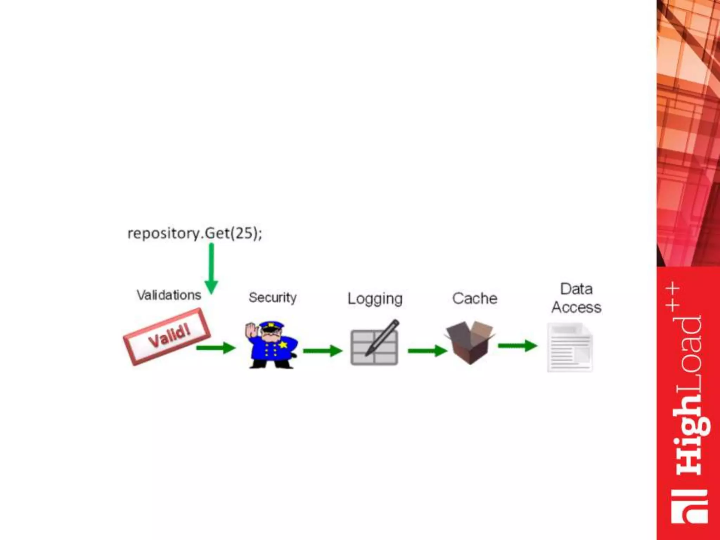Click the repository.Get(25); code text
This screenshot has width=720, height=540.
[x=194, y=233]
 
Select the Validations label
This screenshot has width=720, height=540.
[x=169, y=295]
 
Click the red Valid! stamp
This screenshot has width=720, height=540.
[x=167, y=337]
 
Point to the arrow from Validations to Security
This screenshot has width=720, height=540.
[x=216, y=348]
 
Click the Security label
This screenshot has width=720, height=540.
[x=272, y=298]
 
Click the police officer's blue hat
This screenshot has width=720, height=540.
[x=271, y=325]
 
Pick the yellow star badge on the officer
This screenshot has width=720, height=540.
[x=283, y=345]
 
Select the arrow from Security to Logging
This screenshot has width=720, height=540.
[x=322, y=351]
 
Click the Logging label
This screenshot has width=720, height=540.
[x=375, y=299]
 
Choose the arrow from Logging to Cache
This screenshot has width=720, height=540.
[x=427, y=351]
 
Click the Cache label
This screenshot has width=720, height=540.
[x=475, y=298]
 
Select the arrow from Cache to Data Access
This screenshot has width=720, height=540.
[x=517, y=346]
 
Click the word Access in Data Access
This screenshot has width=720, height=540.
[x=576, y=308]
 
